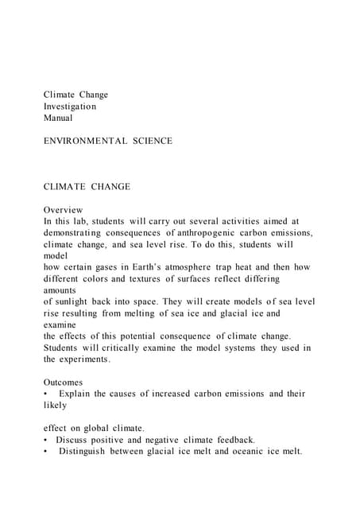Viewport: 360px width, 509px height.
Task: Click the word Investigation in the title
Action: (70, 107)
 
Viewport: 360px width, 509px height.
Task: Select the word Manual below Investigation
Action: (58, 118)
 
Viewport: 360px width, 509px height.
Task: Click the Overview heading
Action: (64, 210)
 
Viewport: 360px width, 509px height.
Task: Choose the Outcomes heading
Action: (64, 383)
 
